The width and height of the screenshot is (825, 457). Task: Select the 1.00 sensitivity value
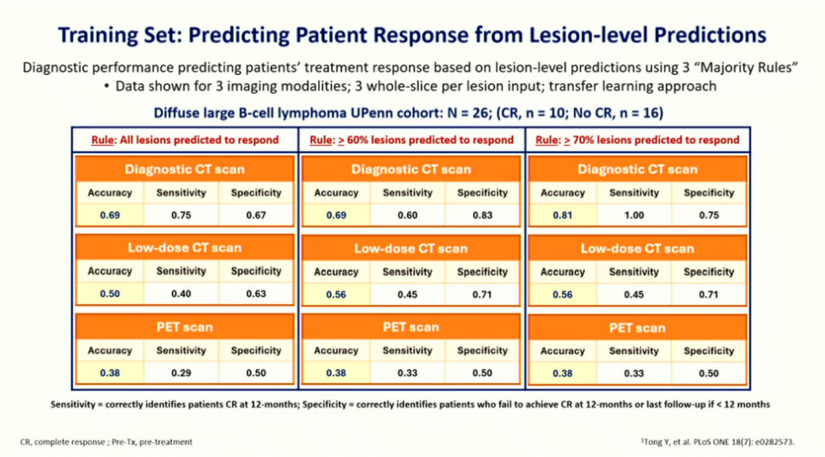point(635,215)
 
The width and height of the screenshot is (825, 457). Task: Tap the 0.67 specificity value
point(256,215)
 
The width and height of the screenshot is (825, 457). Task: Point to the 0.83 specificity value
point(482,215)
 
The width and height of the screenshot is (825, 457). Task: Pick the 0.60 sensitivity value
point(408,215)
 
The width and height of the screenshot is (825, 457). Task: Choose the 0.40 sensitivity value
point(181,293)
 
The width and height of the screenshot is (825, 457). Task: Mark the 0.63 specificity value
point(256,293)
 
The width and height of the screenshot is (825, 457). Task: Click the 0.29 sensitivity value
point(181,373)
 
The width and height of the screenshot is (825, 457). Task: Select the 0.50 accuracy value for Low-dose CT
point(110,293)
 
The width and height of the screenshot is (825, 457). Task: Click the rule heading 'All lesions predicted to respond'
point(185,140)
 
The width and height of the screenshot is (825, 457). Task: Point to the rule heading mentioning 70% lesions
point(637,140)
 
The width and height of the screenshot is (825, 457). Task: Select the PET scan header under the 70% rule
point(637,328)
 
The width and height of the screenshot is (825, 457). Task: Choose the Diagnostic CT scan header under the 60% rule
point(410,169)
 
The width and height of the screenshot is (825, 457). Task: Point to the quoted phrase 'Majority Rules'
point(718,68)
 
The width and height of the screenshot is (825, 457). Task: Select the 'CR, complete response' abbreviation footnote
point(61,442)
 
